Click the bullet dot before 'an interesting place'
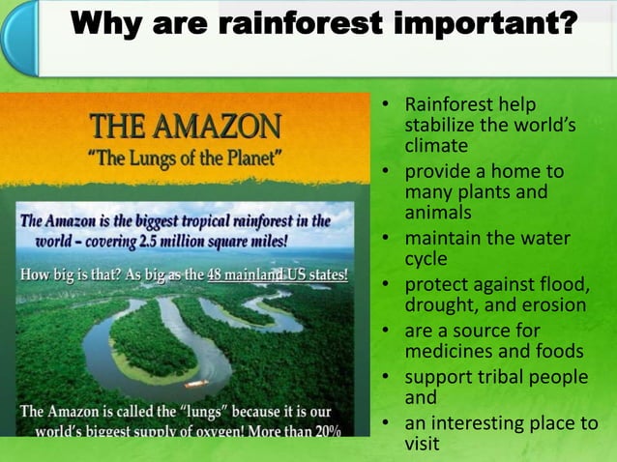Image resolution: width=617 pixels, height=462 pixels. pos(385,423)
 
